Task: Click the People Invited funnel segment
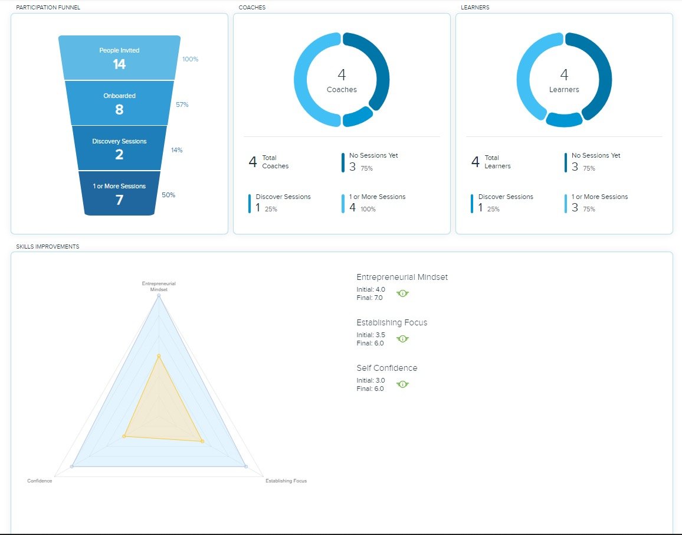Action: pos(119,58)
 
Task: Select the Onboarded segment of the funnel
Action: pos(119,103)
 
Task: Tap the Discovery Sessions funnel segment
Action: pos(119,148)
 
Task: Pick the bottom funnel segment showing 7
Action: pos(119,194)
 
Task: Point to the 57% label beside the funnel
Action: pos(182,105)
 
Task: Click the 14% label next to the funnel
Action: pos(177,150)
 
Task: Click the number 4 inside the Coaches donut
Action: pos(342,75)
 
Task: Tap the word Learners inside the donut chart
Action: pos(564,90)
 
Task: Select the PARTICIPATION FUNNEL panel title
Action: pos(48,8)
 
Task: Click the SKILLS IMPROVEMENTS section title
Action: pos(48,246)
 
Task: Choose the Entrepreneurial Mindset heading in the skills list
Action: pos(402,278)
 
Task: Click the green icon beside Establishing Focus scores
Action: pos(403,339)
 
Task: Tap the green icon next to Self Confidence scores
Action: pos(403,384)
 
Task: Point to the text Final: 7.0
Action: pos(370,298)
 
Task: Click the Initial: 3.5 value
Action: pos(371,335)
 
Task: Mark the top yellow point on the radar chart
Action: pos(159,356)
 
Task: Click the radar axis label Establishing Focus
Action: pos(286,481)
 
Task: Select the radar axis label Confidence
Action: pos(40,481)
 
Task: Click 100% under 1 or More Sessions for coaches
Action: pos(368,209)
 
